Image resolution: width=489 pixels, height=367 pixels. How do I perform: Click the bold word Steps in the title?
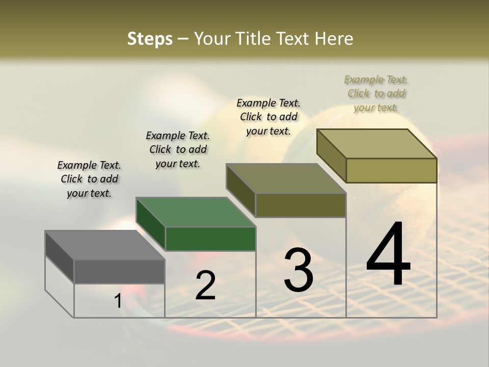(x=150, y=39)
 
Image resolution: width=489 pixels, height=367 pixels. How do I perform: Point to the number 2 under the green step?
(x=205, y=285)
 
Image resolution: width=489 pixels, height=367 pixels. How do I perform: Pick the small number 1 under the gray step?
(x=118, y=301)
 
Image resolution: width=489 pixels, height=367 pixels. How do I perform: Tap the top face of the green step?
(x=196, y=212)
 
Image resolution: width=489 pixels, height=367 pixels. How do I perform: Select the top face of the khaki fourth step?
(x=377, y=144)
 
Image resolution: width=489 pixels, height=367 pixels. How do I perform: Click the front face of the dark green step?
(x=210, y=239)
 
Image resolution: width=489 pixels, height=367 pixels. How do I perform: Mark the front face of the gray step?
(x=119, y=271)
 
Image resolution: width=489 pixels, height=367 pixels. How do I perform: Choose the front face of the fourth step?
(x=391, y=170)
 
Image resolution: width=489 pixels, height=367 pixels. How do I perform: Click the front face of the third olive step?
(x=301, y=205)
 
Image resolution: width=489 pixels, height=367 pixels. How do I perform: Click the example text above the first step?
(x=89, y=179)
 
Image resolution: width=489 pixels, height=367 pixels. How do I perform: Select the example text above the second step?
(x=178, y=149)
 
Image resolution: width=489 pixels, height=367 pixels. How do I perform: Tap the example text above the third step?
(x=268, y=117)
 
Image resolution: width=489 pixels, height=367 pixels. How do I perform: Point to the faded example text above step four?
(x=376, y=93)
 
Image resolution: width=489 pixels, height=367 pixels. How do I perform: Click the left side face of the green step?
(x=150, y=224)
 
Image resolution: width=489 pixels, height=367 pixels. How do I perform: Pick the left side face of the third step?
(x=240, y=191)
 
